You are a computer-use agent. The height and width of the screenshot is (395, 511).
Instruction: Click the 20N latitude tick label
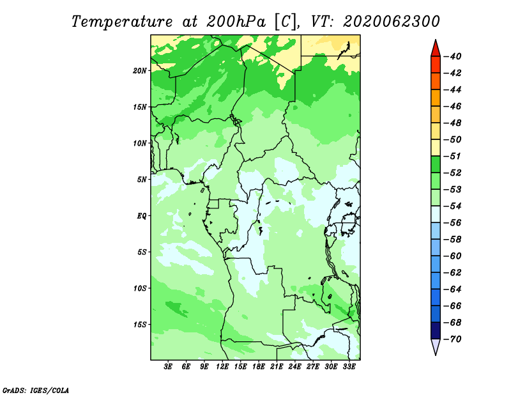coord(140,71)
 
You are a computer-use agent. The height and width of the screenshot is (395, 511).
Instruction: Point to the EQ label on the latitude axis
coord(141,216)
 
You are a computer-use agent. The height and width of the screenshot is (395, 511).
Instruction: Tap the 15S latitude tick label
coord(140,325)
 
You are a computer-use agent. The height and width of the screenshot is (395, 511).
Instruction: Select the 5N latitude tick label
coord(142,180)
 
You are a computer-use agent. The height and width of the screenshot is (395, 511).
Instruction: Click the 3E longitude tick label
coord(168,367)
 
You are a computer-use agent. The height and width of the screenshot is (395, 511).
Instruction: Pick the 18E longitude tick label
coord(259,367)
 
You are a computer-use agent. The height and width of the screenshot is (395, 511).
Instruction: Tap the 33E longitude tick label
coord(349,367)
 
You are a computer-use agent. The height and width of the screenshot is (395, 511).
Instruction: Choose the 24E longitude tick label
coord(294,367)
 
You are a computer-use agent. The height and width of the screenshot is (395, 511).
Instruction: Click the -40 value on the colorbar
coord(453,56)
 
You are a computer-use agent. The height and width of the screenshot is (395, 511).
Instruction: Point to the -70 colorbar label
coord(453,339)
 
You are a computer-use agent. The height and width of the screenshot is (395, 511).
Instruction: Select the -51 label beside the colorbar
coord(453,156)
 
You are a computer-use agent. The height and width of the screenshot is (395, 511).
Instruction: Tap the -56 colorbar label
coord(453,223)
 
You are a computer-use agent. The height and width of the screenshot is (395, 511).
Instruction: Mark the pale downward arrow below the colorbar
coord(436,346)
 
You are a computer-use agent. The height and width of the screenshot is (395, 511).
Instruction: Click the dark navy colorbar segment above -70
coord(436,330)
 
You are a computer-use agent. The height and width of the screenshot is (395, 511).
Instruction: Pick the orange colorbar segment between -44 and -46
coord(436,98)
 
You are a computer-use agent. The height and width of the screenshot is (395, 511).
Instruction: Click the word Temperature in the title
coord(122,22)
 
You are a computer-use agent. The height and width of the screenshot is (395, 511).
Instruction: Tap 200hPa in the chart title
coord(236,22)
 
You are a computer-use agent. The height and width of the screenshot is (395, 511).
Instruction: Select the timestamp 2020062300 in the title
coord(392,22)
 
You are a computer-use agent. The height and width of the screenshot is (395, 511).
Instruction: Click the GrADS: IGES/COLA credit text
coord(36,390)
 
